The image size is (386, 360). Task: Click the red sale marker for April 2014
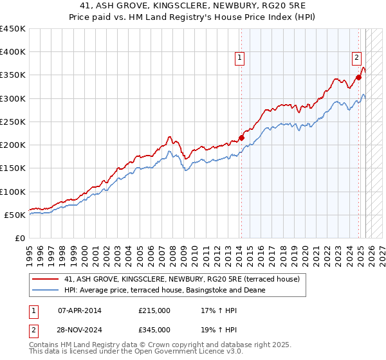coord(241,137)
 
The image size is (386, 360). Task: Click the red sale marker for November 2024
coord(359,77)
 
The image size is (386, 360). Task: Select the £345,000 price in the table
coord(154,330)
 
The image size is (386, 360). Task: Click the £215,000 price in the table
coord(154,310)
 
